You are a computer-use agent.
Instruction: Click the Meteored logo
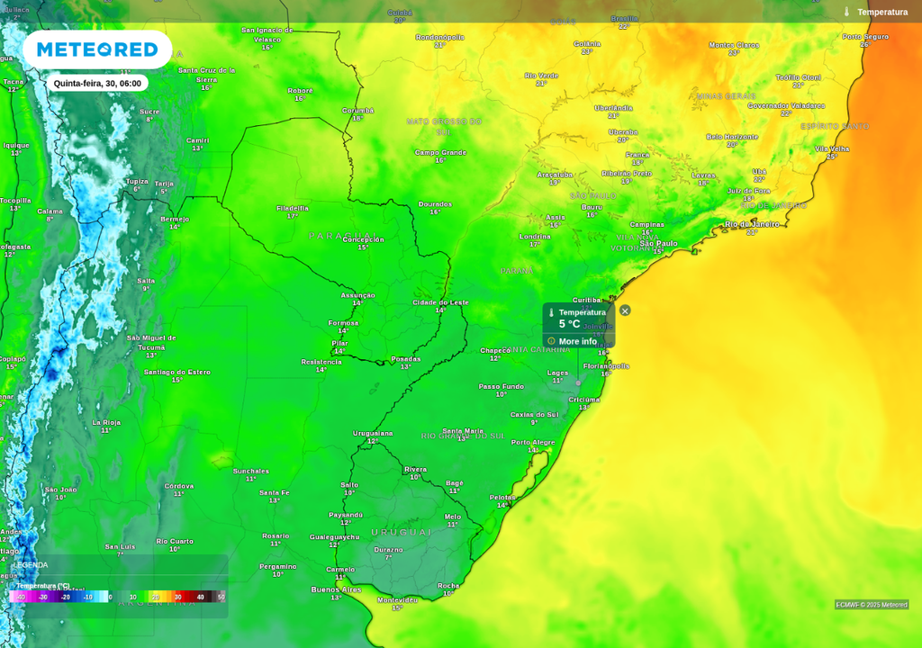(x=97, y=49)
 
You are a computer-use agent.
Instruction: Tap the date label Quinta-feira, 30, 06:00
(x=97, y=83)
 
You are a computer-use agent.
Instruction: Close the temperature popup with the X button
(x=625, y=310)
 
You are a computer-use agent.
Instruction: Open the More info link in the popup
(x=577, y=341)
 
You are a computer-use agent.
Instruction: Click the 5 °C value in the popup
(x=570, y=324)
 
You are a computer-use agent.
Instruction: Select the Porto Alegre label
(x=533, y=442)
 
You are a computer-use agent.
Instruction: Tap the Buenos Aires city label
(x=336, y=589)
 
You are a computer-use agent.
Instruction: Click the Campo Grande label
(x=440, y=152)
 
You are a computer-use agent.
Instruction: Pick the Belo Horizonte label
(x=732, y=137)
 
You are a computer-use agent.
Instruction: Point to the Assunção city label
(x=357, y=295)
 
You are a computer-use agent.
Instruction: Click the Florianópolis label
(x=606, y=366)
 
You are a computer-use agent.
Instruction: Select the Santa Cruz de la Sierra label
(x=206, y=74)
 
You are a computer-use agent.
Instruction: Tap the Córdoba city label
(x=179, y=486)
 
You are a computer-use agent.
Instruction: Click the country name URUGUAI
(x=402, y=532)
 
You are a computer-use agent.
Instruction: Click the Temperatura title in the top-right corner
(x=881, y=12)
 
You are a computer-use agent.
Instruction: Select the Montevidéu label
(x=397, y=599)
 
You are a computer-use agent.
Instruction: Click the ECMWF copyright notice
(x=871, y=605)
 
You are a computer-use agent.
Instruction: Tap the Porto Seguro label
(x=865, y=37)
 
